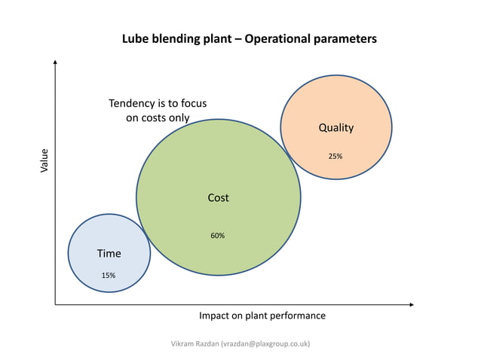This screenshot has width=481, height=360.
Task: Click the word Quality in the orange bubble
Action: [335, 128]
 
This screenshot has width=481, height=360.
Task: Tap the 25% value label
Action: [335, 157]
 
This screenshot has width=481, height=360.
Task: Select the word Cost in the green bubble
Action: [218, 198]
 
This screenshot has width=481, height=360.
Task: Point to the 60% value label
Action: [217, 236]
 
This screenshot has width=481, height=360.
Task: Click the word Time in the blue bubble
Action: [109, 254]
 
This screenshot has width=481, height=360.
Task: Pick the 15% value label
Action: [109, 276]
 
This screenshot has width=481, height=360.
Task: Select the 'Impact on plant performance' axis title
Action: [262, 316]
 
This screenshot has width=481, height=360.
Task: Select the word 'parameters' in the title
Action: [348, 38]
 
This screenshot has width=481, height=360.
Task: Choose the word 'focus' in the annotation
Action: [191, 103]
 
